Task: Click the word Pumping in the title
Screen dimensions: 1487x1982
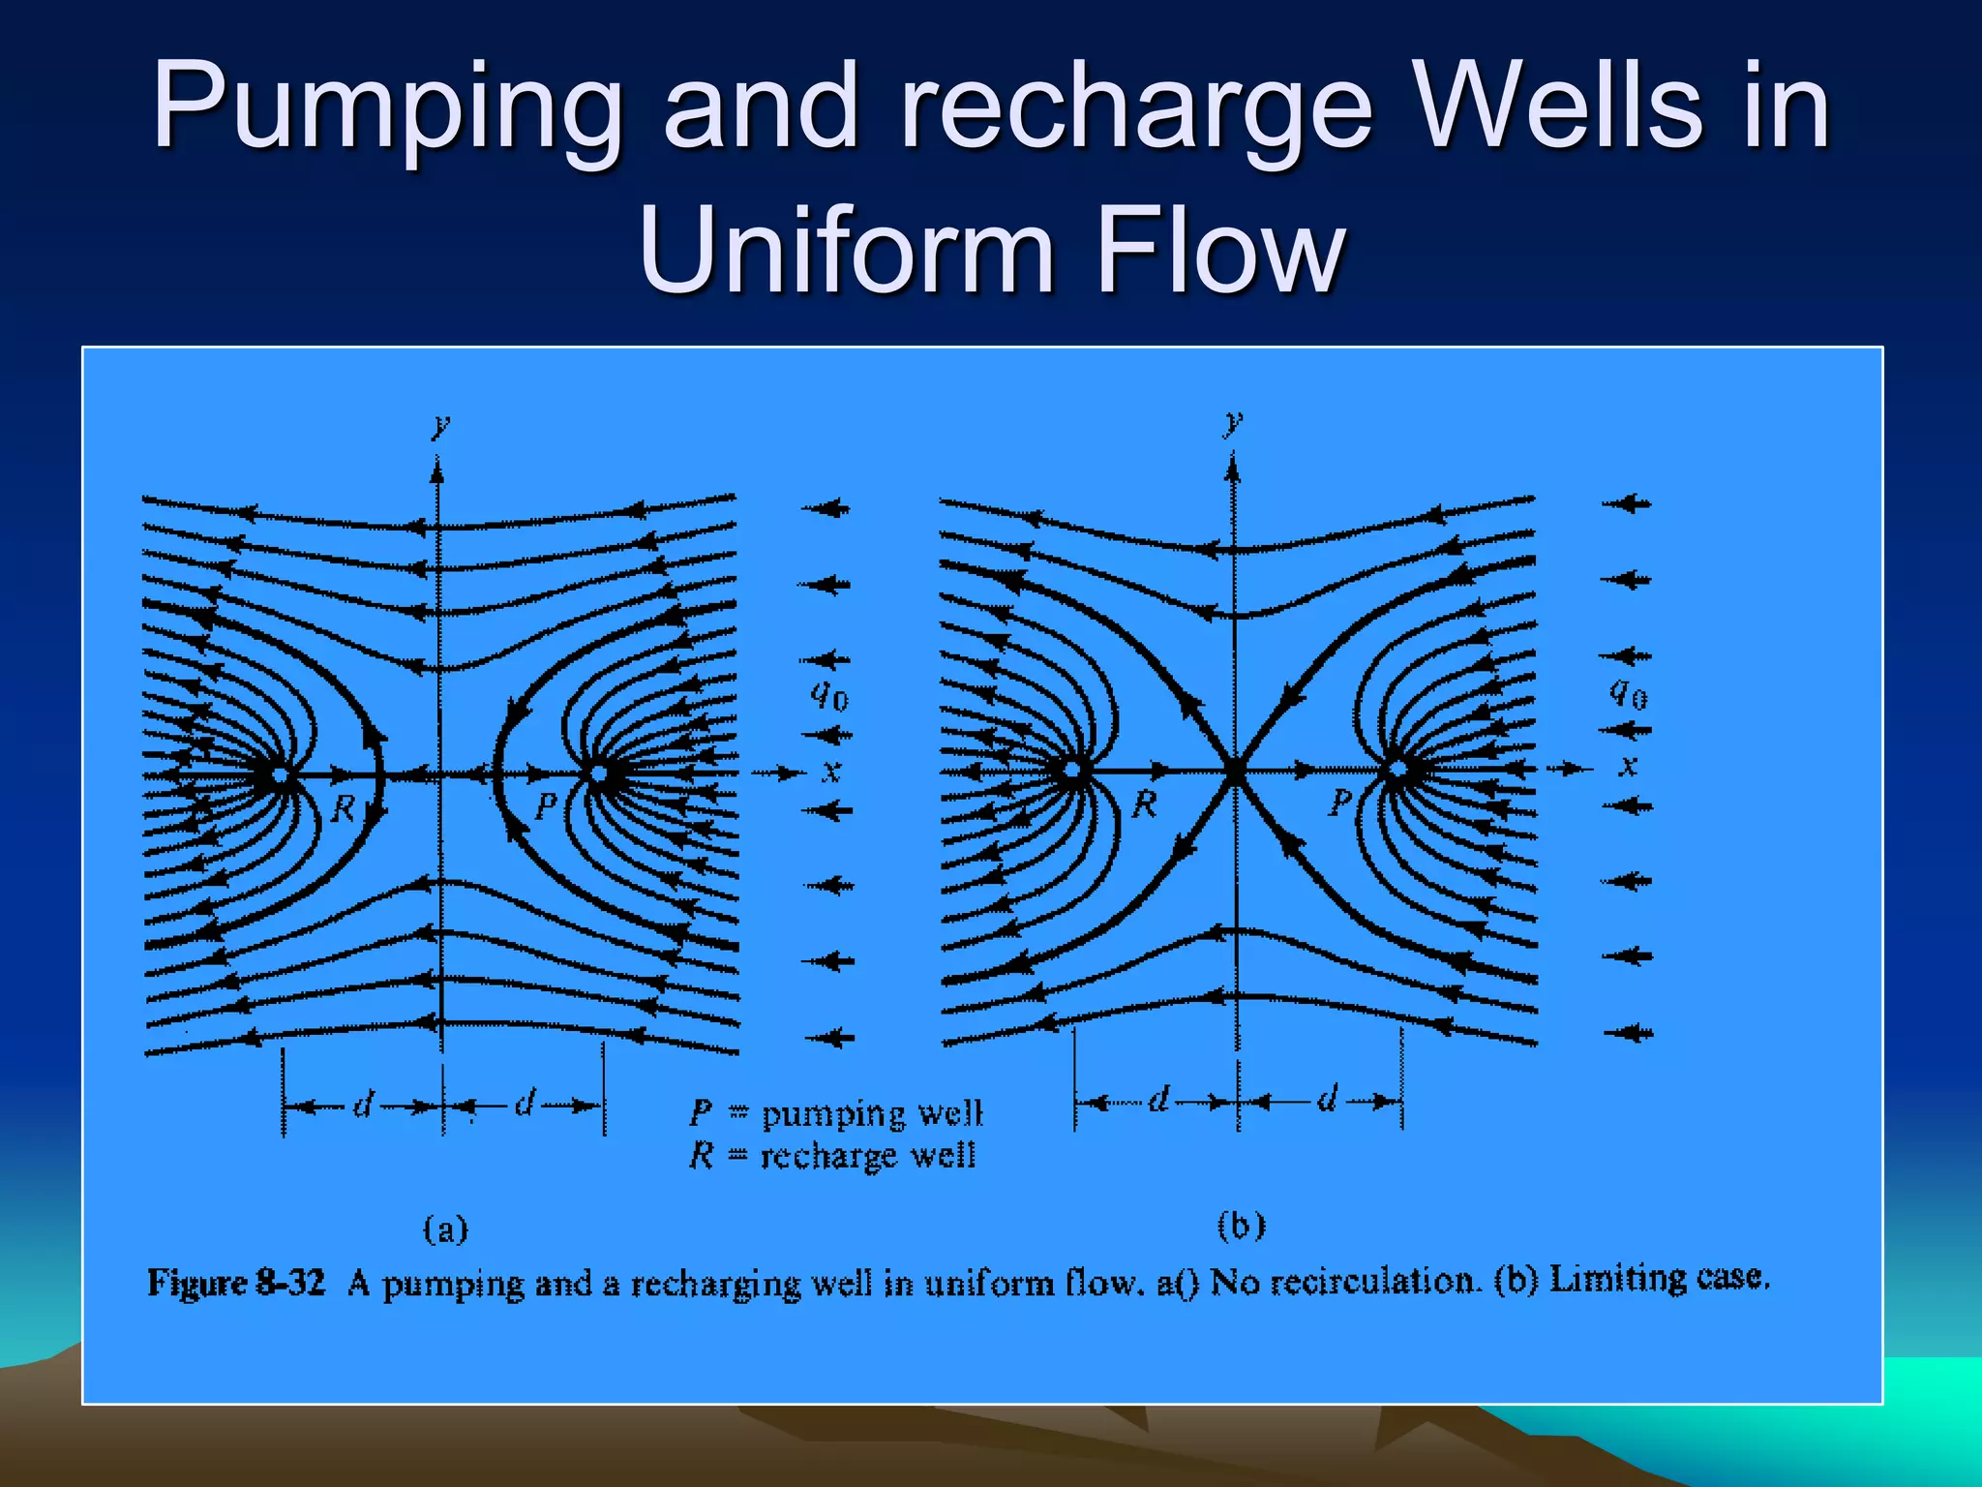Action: (387, 106)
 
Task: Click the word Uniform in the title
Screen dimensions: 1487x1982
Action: (847, 252)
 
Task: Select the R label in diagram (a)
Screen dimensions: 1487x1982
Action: (343, 808)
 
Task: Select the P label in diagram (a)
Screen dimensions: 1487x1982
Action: (546, 805)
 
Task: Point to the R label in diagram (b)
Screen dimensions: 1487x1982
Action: (1145, 804)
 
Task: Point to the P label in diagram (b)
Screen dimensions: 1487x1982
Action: (1340, 802)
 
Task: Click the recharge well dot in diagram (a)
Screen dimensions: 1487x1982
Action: (280, 774)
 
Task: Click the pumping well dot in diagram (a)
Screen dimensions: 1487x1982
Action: (598, 774)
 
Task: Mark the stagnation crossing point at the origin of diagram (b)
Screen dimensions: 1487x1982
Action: (1235, 771)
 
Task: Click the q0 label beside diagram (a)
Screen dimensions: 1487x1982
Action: (829, 695)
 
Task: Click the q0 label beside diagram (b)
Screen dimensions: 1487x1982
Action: (1629, 693)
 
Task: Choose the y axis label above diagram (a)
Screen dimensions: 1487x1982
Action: (441, 425)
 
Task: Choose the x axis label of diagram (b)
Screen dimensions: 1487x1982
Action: (1629, 767)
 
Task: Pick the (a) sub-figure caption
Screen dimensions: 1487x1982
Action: (446, 1229)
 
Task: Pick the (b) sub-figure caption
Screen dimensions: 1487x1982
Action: (1242, 1227)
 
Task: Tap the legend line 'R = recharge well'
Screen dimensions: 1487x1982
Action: (832, 1156)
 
